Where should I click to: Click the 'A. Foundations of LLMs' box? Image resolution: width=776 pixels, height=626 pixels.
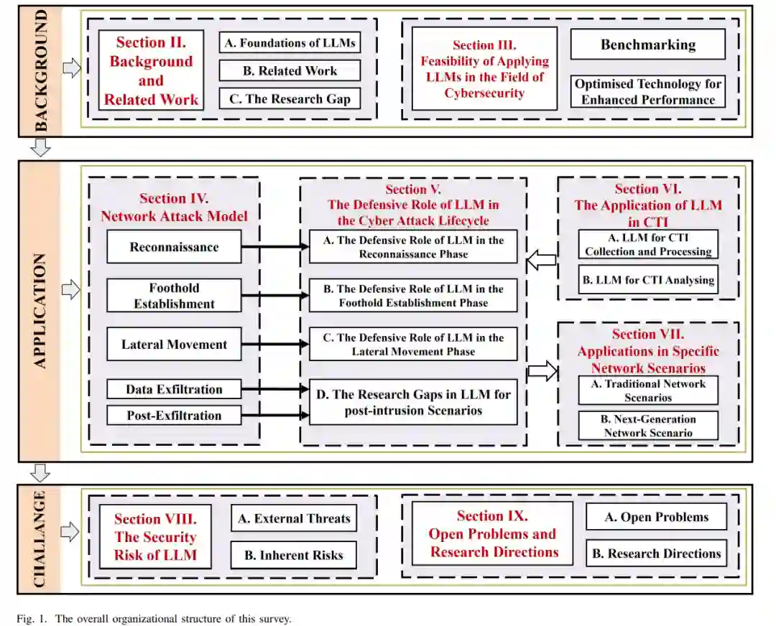289,43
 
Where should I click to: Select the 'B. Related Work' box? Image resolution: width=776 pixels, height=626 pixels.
289,70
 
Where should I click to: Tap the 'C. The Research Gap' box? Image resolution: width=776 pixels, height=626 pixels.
289,98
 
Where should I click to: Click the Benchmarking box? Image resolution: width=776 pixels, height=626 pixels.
647,45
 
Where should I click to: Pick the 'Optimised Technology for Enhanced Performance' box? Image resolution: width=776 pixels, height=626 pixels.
647,92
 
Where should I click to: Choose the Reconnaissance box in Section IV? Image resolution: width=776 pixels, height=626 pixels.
174,247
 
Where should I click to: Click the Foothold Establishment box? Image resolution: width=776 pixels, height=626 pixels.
174,296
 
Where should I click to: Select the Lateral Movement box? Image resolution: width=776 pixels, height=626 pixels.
174,345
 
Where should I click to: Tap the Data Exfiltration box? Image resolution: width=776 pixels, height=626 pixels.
174,390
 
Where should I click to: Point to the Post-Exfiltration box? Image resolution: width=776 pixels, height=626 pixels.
174,415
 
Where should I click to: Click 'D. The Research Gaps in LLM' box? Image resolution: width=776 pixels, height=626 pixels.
413,402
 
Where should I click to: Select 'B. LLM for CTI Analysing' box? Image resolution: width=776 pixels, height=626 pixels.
647,280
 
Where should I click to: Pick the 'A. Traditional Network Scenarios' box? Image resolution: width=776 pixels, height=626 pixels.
647,391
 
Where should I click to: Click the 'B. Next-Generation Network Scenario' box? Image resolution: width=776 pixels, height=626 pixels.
647,426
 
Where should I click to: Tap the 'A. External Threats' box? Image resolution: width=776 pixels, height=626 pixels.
293,518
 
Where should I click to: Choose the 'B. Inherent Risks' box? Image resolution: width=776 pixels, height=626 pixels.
293,554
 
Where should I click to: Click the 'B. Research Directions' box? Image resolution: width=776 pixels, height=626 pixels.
656,553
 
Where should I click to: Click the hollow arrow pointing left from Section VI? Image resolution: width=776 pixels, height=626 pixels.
542,260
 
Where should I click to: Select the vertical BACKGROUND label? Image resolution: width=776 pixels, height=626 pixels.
40,70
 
